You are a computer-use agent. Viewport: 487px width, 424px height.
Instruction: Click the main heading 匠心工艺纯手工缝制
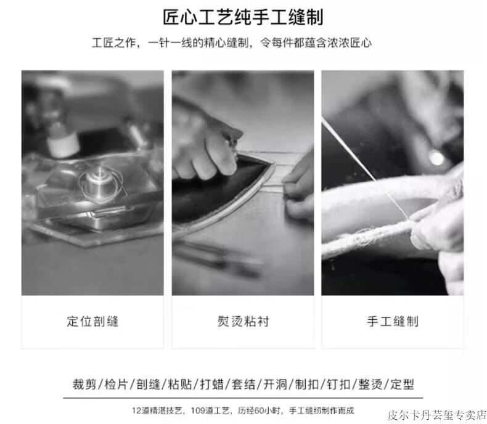point(243,17)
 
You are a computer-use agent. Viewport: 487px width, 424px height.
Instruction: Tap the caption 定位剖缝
point(92,321)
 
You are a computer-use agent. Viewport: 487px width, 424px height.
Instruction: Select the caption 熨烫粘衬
point(243,321)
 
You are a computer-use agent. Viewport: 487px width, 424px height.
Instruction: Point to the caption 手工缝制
point(393,321)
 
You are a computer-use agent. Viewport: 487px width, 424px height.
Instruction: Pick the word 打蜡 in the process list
point(211,385)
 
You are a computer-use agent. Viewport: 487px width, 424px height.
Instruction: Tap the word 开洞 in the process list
point(275,385)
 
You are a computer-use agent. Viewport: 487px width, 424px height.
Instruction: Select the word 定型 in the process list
point(402,385)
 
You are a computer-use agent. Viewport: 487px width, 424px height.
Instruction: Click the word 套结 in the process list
point(243,385)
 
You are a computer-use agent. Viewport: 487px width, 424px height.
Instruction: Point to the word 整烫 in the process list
point(370,385)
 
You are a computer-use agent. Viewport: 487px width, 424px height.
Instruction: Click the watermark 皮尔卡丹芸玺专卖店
point(436,415)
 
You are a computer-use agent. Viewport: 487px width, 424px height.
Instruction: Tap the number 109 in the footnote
point(197,410)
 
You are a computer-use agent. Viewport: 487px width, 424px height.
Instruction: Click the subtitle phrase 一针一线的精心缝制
point(198,43)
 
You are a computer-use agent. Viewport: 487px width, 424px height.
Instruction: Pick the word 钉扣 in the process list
point(338,385)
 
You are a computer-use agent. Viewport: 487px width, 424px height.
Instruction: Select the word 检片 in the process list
point(116,385)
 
